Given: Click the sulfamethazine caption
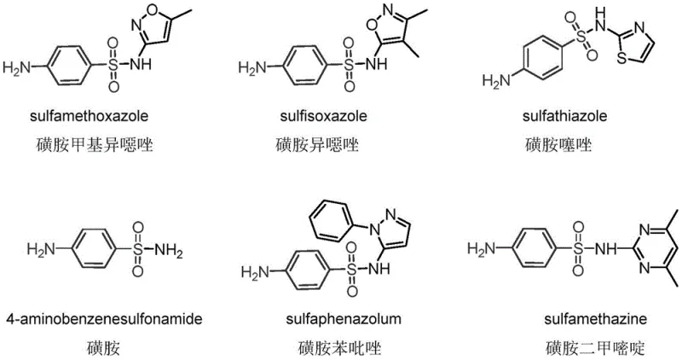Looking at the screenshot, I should [584, 319].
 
